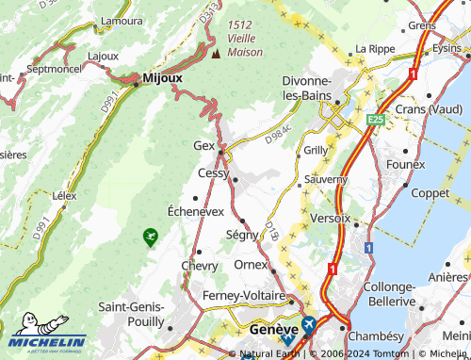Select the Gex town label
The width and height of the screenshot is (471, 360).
point(203,146)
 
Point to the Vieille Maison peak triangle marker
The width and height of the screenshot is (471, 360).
point(215,53)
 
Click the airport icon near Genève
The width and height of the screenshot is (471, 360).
point(308,325)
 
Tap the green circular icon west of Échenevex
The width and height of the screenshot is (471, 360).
point(149,235)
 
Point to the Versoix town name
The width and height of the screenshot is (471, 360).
point(330,218)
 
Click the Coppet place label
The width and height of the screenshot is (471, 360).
point(430,192)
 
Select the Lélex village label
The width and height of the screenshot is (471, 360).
point(64,196)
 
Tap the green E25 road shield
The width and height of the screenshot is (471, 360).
point(376,120)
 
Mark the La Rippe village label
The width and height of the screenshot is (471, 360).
point(372,49)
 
